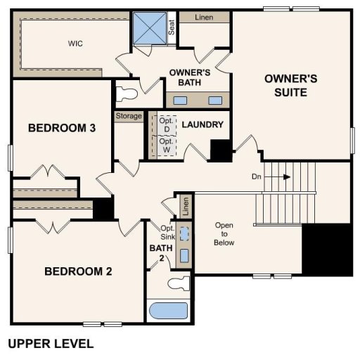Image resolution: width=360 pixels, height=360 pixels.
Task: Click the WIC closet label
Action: [x=76, y=43]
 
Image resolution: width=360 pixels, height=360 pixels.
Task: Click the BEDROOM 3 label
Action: [x=61, y=128]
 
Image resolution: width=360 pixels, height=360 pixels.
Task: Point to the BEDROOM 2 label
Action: [x=78, y=271]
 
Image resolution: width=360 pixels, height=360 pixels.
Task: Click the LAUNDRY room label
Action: [x=202, y=125]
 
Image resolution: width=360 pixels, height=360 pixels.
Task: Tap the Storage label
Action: [x=129, y=116]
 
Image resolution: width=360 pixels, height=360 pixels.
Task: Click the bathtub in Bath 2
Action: [x=168, y=310]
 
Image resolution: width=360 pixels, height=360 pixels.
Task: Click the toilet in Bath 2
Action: [x=178, y=283]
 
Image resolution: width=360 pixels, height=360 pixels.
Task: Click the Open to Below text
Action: [x=224, y=234]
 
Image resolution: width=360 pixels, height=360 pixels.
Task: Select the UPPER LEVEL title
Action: [x=50, y=345]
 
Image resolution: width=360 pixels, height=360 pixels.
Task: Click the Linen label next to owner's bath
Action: [x=203, y=16]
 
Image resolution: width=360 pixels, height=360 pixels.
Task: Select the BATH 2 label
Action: [x=157, y=253]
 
